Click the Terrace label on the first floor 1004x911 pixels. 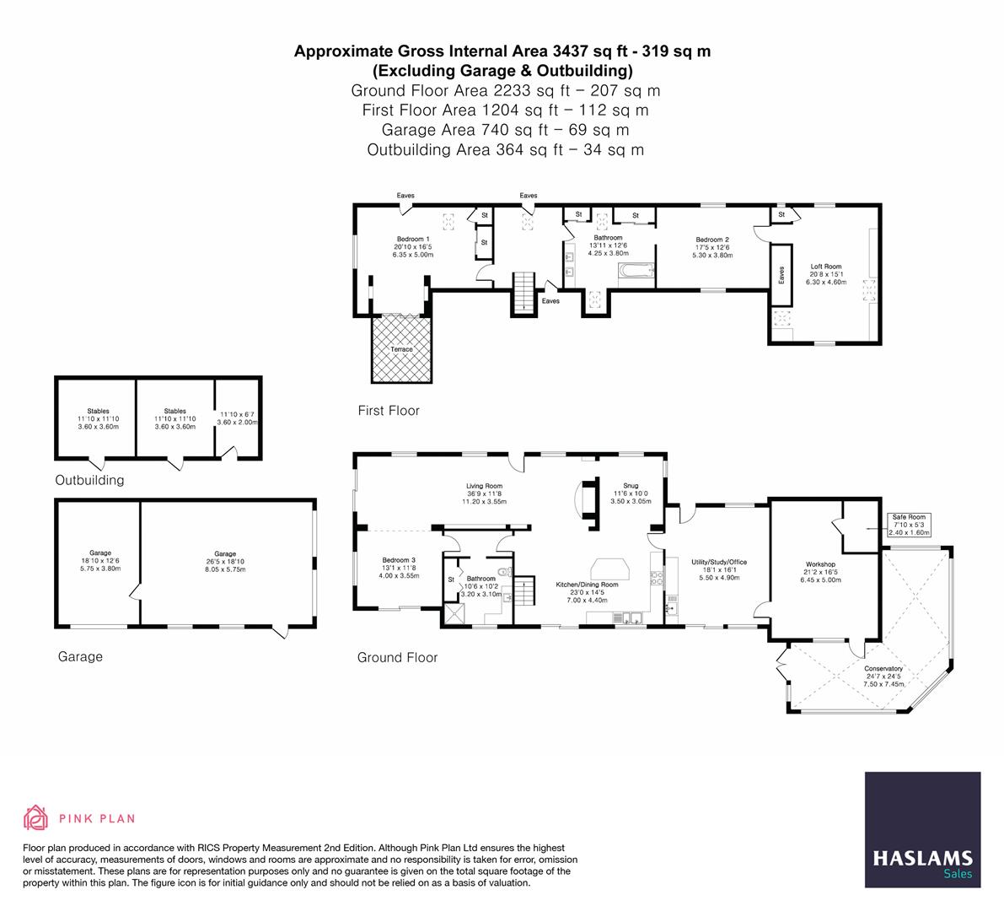click(x=401, y=349)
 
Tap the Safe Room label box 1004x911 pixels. click(x=909, y=525)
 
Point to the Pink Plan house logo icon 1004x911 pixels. click(x=36, y=817)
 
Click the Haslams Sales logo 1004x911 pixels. click(x=923, y=830)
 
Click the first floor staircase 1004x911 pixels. click(x=523, y=293)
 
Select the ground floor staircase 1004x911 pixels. click(x=524, y=590)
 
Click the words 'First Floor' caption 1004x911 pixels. click(x=389, y=411)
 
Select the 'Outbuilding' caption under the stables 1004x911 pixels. click(x=89, y=480)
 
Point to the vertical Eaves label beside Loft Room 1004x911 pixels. click(x=781, y=275)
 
